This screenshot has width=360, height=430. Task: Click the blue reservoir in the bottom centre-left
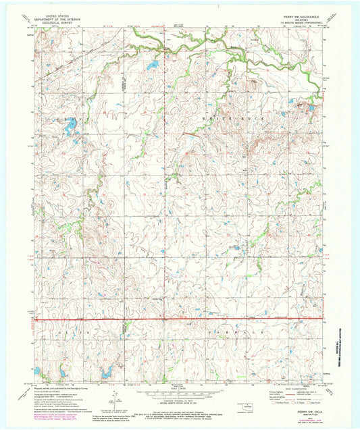(105, 372)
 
